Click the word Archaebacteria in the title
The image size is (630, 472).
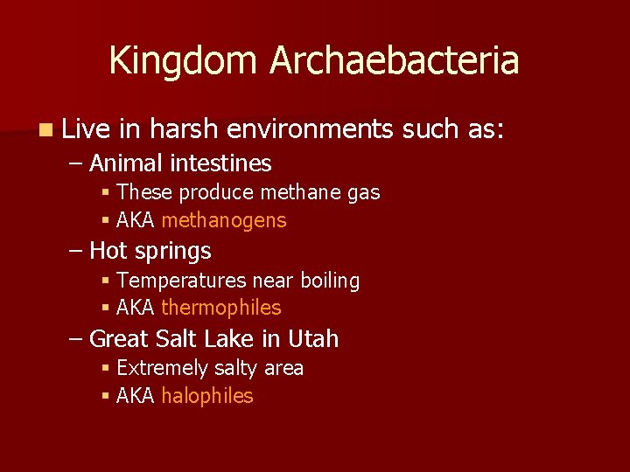click(x=395, y=61)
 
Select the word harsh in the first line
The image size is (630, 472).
click(x=183, y=129)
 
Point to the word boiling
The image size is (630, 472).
click(x=330, y=281)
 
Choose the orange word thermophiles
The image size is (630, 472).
click(x=221, y=308)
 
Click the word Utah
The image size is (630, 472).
click(x=311, y=339)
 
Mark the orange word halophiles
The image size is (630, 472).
click(x=207, y=396)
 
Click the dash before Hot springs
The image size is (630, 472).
click(x=76, y=252)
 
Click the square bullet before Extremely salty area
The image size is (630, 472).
click(x=104, y=369)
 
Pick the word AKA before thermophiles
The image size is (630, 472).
click(x=135, y=308)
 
